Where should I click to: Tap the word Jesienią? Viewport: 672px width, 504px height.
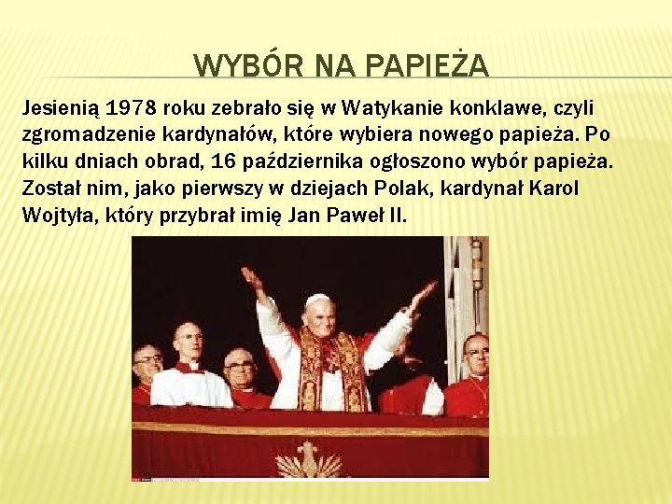[x=58, y=109]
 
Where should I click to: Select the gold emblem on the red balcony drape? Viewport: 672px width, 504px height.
[x=309, y=460]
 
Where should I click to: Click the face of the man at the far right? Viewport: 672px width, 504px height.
[x=476, y=354]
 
